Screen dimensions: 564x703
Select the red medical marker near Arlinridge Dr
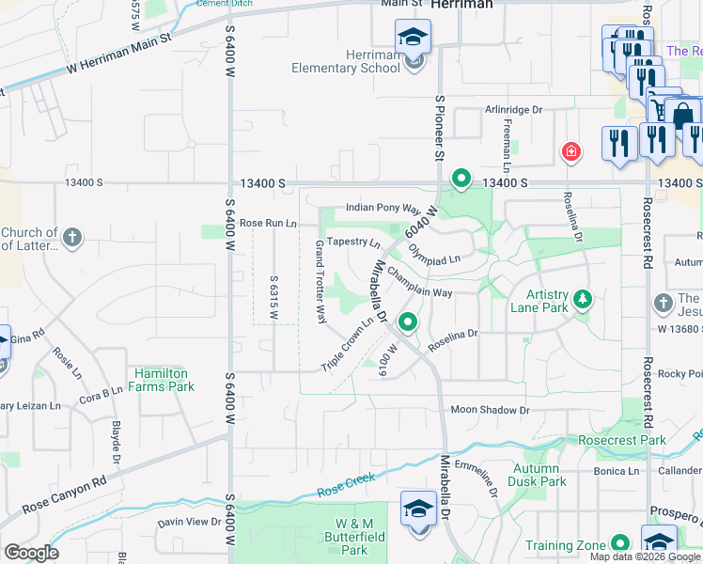(570, 151)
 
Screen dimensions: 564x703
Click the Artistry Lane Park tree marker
(584, 299)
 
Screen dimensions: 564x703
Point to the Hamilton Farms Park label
(162, 380)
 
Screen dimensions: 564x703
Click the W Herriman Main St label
(119, 55)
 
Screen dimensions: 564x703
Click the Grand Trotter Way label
(320, 276)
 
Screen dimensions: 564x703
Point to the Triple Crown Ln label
(348, 344)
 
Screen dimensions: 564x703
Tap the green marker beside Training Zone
(620, 543)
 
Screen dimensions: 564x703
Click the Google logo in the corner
(31, 553)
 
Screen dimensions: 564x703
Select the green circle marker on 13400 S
(461, 177)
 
